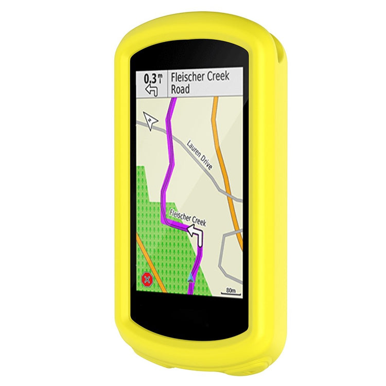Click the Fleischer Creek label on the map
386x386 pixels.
tap(187, 217)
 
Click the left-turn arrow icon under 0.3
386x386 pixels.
tap(151, 90)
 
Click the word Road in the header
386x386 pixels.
tap(181, 89)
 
